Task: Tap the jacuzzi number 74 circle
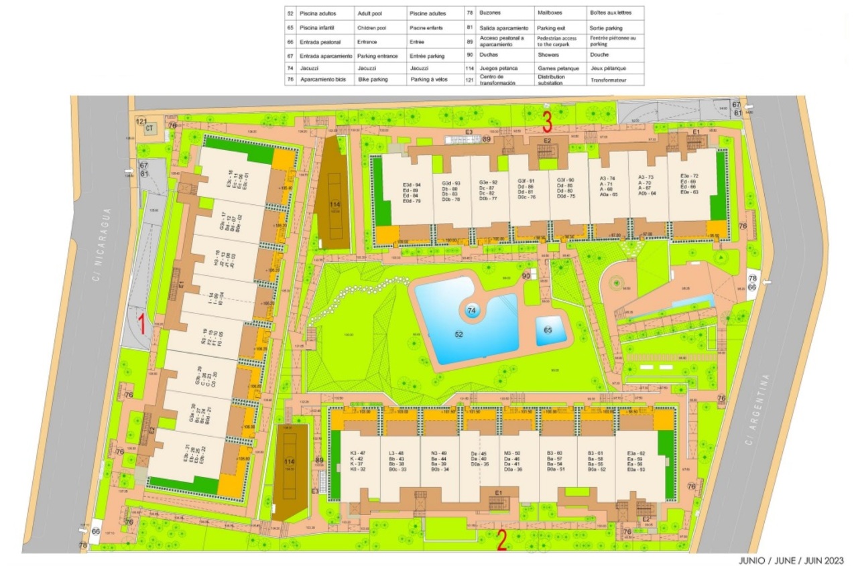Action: [471, 311]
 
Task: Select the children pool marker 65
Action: [548, 330]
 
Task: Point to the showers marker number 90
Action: [526, 275]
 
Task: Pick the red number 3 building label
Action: [547, 121]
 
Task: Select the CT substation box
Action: [150, 128]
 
